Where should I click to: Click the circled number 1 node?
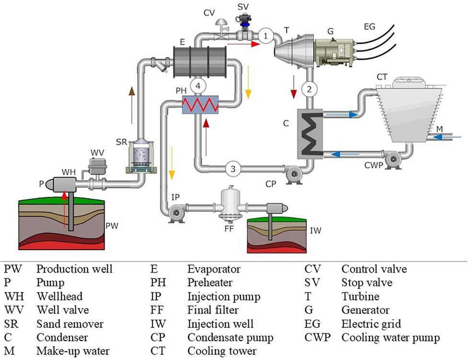click(266, 36)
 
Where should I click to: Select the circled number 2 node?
click(310, 89)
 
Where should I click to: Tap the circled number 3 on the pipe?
click(233, 168)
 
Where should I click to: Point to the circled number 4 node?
click(198, 85)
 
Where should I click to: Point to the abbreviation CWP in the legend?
click(317, 338)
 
